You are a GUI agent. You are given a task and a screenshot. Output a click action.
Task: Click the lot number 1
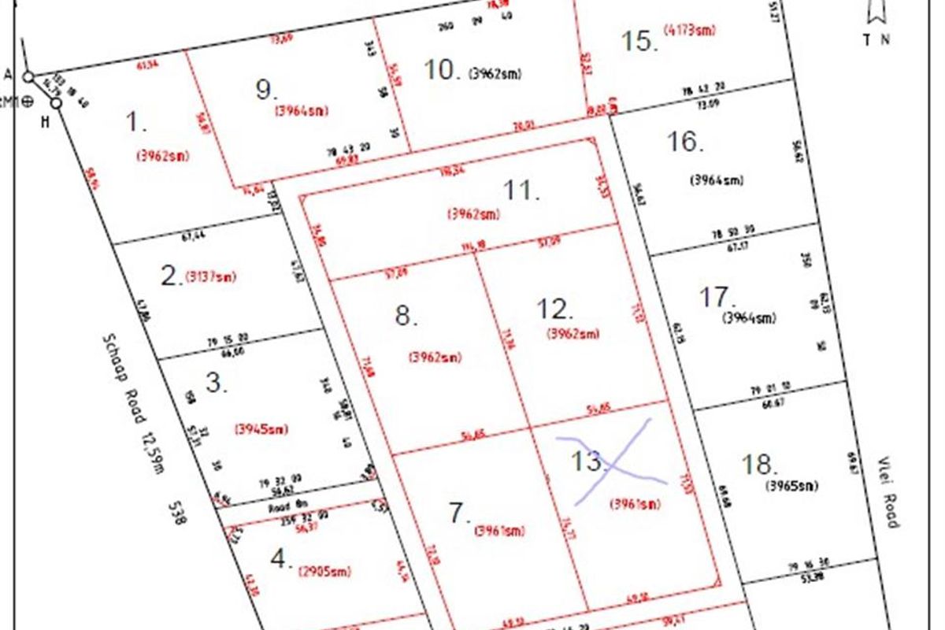click(x=136, y=122)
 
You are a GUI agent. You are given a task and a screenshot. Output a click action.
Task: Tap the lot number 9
click(x=266, y=90)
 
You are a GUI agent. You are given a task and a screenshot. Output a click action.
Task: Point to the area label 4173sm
click(x=690, y=31)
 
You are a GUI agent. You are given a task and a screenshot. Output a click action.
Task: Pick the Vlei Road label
click(x=888, y=492)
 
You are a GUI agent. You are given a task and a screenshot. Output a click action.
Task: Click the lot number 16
click(x=684, y=142)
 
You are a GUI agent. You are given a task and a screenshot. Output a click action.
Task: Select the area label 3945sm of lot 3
click(x=261, y=429)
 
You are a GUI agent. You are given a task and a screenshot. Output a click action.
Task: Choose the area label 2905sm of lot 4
click(x=324, y=572)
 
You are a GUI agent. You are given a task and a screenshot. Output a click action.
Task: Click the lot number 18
click(x=759, y=464)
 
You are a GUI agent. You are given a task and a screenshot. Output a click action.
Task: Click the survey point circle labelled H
click(x=56, y=103)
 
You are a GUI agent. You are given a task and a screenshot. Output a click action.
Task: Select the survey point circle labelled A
click(x=28, y=77)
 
